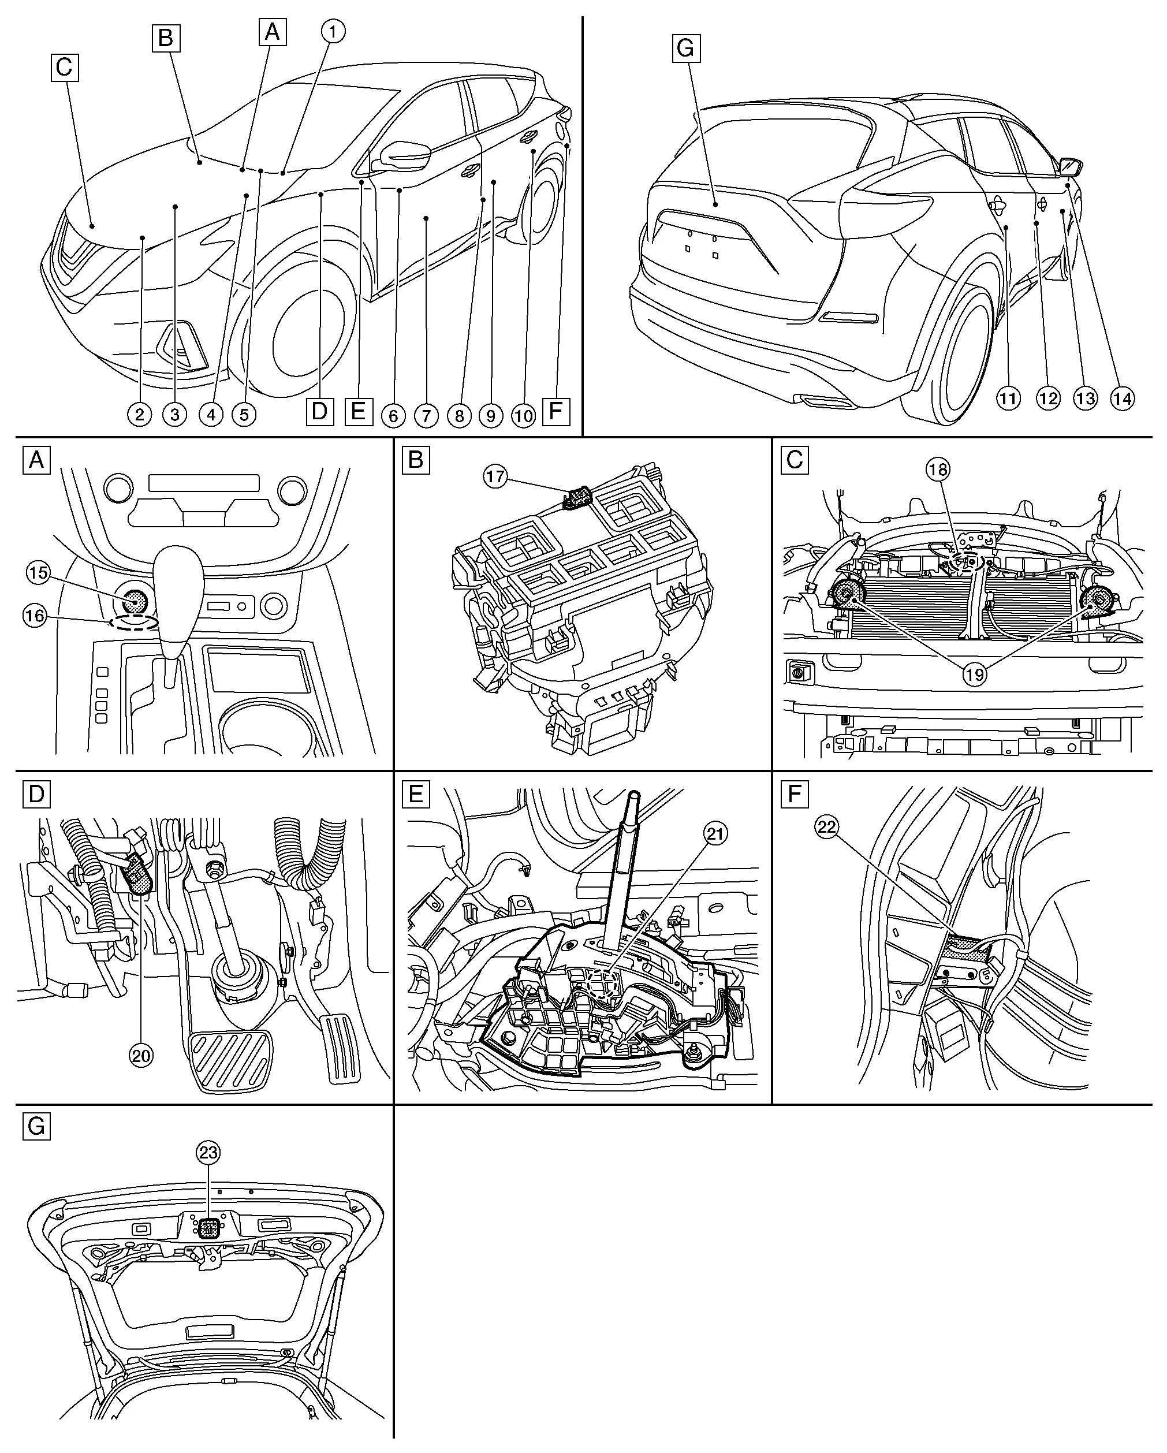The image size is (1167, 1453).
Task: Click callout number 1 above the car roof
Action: point(332,31)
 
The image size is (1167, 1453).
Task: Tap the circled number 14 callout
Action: point(1122,399)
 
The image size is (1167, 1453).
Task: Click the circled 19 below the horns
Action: point(974,675)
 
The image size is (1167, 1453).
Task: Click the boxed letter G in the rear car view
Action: point(686,49)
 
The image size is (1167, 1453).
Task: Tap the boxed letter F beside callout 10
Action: point(556,411)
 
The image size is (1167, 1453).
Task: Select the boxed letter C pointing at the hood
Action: point(64,68)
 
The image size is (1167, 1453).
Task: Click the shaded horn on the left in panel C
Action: point(849,596)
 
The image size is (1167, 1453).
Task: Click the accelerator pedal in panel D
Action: point(344,1048)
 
